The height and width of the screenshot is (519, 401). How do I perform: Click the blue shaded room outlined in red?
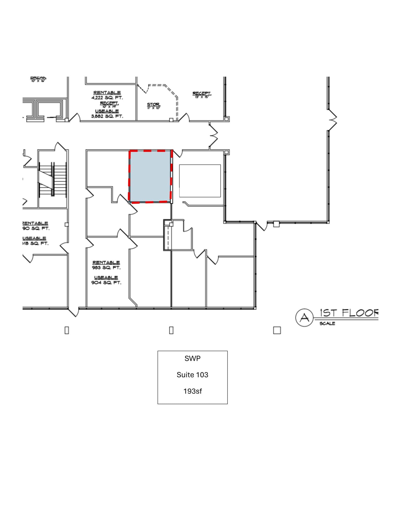point(150,176)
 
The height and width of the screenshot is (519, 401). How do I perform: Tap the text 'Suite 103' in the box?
point(192,375)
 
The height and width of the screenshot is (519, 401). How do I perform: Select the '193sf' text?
point(193,391)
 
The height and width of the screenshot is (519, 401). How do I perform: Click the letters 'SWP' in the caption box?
point(192,358)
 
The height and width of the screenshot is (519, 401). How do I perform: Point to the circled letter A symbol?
point(304,317)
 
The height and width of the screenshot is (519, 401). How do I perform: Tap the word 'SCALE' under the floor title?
point(327,324)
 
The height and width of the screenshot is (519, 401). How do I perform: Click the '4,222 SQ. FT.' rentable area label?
point(107,98)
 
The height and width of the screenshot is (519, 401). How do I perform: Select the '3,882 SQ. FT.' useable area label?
point(107,116)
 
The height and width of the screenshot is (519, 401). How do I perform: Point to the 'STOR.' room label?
point(154,104)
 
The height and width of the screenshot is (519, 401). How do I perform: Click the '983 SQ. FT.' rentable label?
point(106,268)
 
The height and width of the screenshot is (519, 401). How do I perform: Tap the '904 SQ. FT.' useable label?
point(106,283)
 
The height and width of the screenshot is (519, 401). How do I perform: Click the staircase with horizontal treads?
point(52,179)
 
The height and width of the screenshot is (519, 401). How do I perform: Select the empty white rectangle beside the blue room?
point(200,181)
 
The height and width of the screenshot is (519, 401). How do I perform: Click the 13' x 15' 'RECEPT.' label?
point(202,94)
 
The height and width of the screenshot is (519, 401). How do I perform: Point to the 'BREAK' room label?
point(38,78)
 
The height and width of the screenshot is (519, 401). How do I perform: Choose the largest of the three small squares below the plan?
point(277,330)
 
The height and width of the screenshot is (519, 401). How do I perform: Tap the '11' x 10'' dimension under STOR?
point(154,108)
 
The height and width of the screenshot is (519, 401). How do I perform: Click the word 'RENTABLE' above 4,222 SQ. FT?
point(107,93)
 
